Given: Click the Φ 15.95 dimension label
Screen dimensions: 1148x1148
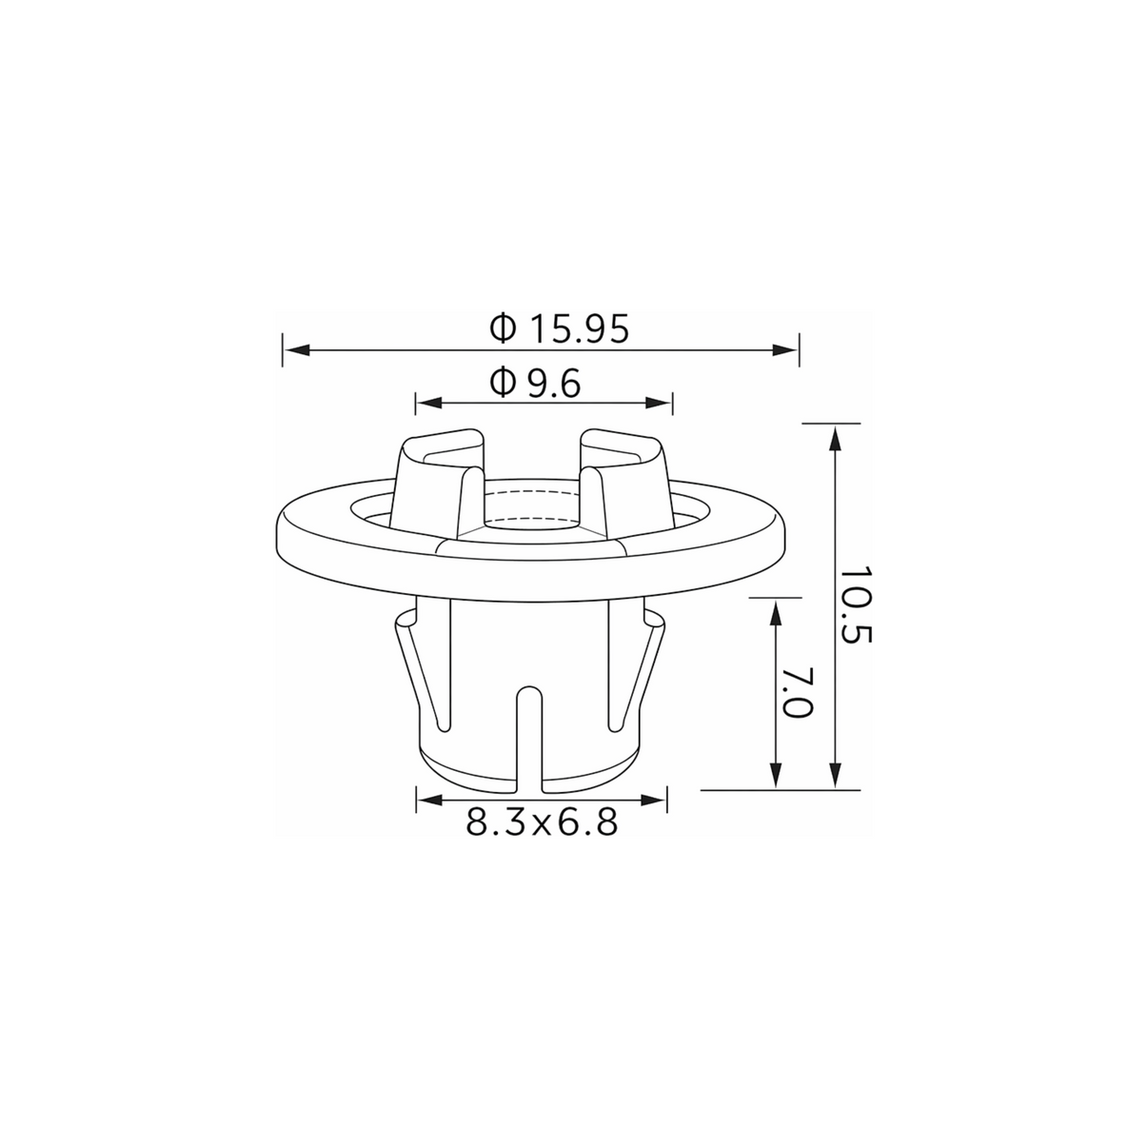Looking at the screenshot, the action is click(559, 328).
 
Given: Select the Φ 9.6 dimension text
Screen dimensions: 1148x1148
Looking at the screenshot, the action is click(534, 383).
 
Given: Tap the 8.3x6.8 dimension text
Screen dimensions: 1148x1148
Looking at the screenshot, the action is click(541, 822).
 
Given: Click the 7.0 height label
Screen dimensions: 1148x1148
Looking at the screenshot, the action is click(797, 692).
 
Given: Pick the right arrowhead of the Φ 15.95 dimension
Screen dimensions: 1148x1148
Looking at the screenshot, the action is click(785, 350).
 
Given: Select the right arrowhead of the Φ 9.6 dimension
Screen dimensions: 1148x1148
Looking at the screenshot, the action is click(659, 404).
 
